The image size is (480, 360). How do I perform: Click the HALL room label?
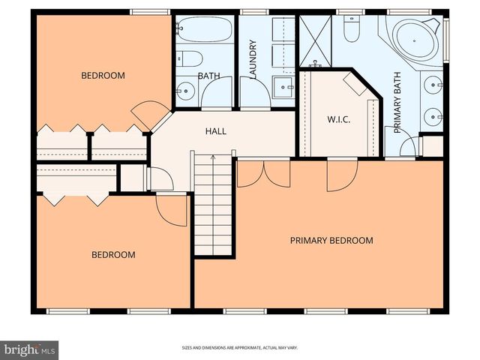click(216, 131)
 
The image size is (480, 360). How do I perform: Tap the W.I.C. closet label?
click(339, 120)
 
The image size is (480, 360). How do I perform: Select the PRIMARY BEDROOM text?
click(331, 241)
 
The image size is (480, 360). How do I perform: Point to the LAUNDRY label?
click(253, 58)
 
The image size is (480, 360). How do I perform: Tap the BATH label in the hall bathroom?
click(208, 76)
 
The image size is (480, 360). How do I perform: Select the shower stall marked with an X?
click(315, 39)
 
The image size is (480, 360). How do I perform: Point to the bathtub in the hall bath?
click(202, 31)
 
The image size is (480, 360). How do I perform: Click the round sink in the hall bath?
click(187, 91)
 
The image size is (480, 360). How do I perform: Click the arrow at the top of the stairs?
click(214, 159)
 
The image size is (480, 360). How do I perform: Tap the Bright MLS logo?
click(30, 349)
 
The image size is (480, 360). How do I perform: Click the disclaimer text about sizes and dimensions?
click(240, 348)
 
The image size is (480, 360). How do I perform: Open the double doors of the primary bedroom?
click(263, 174)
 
